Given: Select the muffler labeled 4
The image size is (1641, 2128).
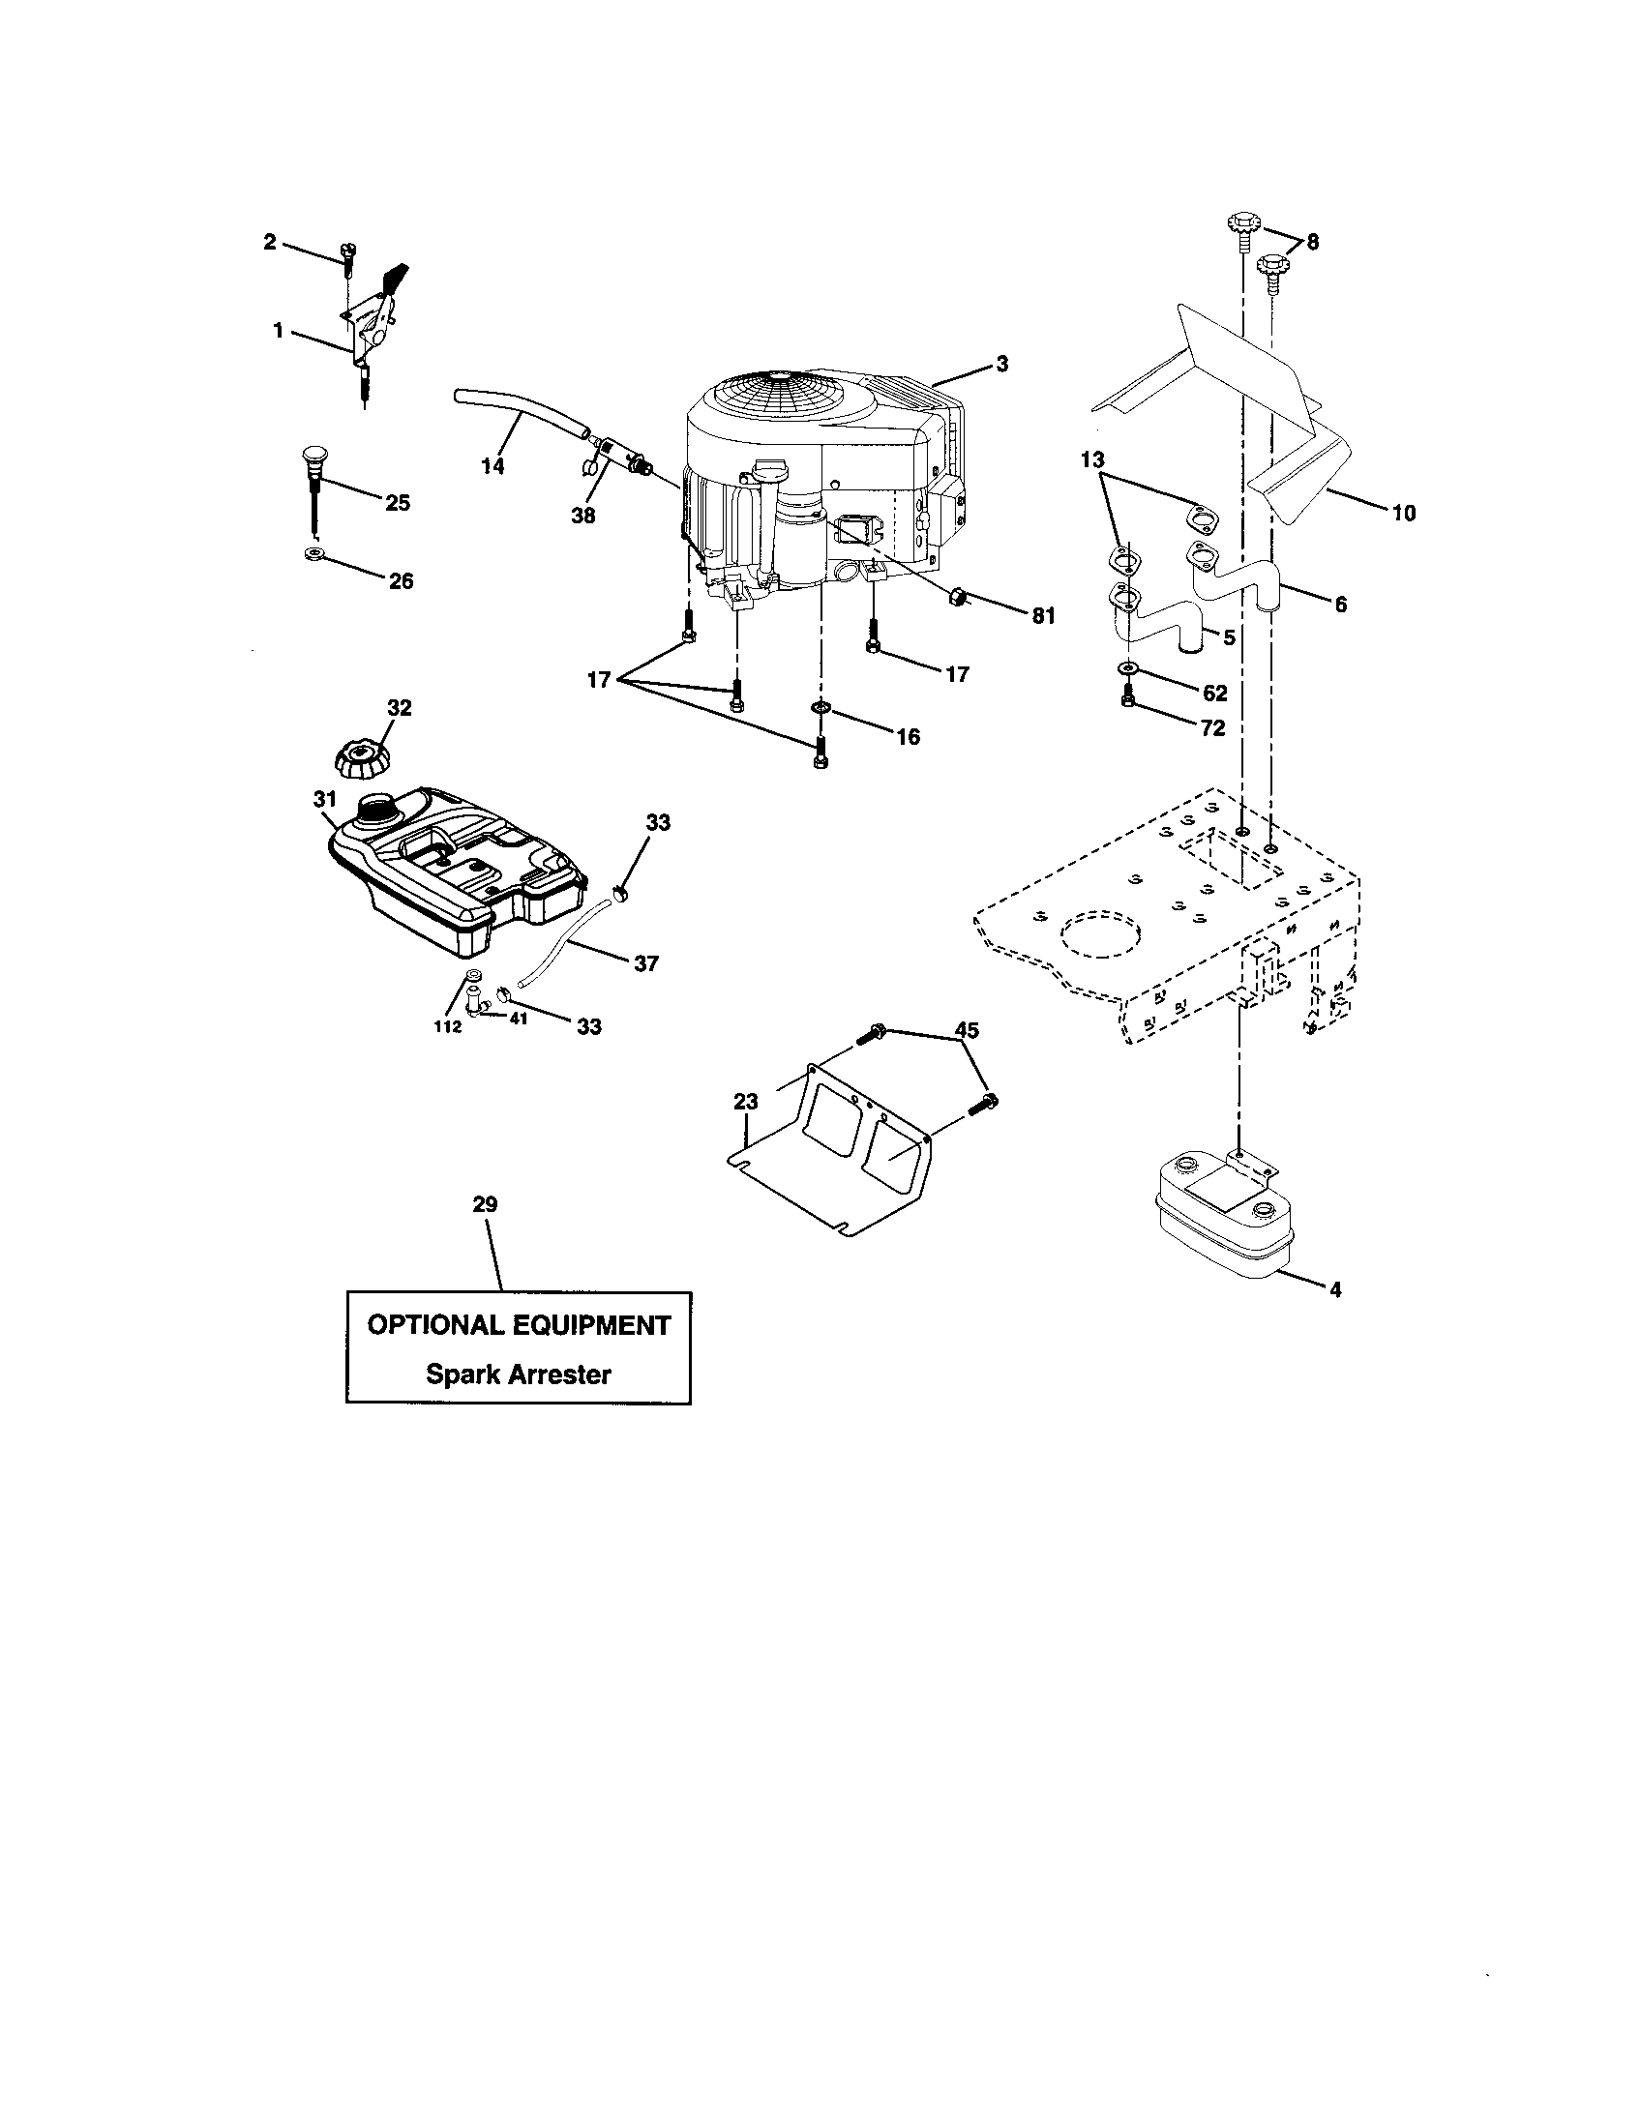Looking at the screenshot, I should (x=1223, y=1218).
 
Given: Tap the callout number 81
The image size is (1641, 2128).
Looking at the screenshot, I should (x=1043, y=616).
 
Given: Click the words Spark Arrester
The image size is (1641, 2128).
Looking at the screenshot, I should (x=519, y=1374).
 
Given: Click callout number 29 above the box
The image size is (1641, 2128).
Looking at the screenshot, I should (x=485, y=1204).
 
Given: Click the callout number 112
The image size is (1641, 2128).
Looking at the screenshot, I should (x=448, y=1026).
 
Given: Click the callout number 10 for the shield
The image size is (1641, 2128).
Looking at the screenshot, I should (x=1403, y=513).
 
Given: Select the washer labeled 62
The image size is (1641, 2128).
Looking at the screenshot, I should (x=1127, y=668).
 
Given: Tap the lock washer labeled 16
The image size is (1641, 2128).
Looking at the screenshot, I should (x=820, y=705).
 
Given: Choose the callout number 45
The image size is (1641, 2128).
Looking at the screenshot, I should (x=967, y=1030).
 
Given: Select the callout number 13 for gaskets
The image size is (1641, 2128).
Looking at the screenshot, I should (x=1093, y=458).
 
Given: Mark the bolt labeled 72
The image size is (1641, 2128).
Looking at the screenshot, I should (x=1127, y=695).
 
